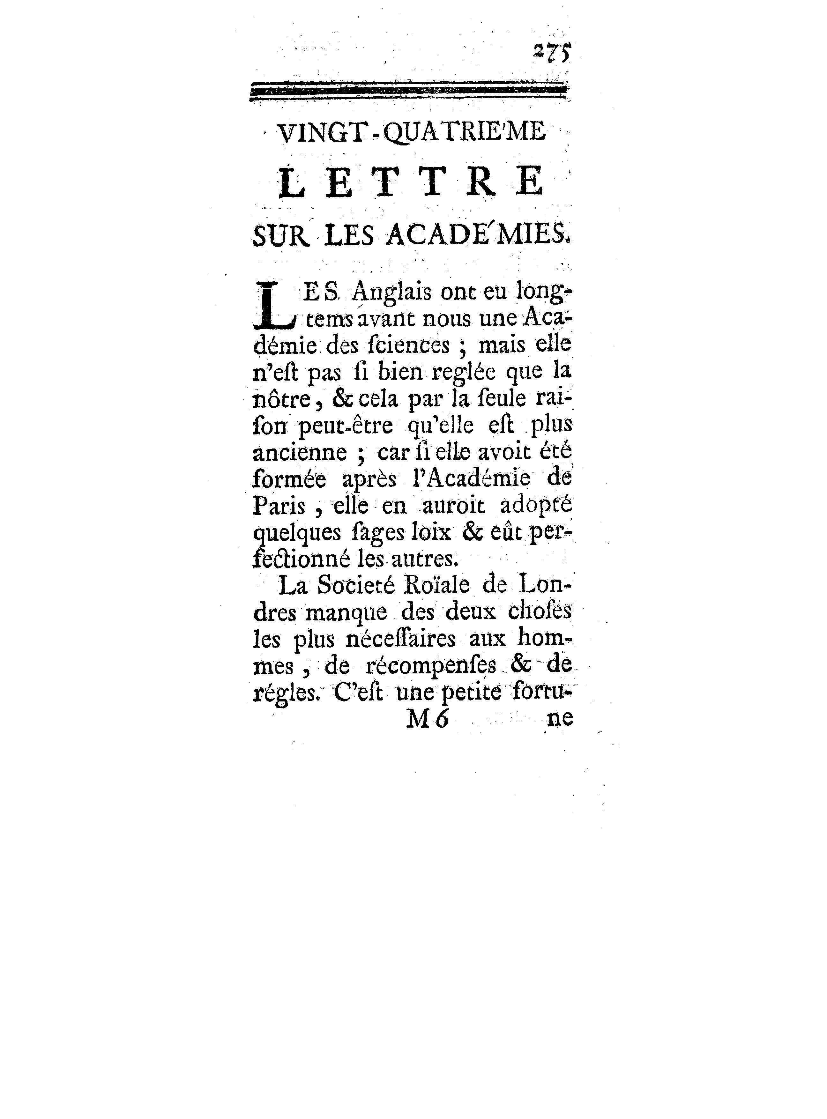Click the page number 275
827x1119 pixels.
coord(551,53)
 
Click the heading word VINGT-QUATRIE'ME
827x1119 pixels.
coord(411,134)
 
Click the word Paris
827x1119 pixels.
coord(279,507)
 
